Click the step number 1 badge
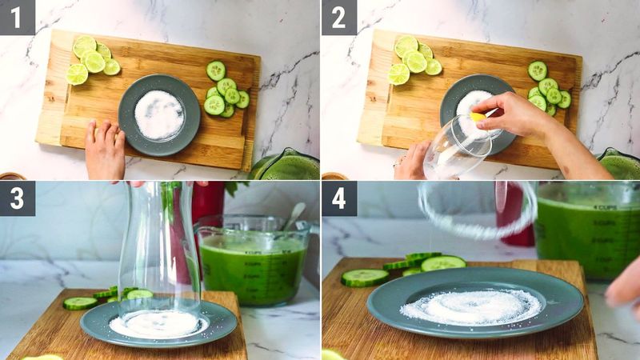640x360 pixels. [x=17, y=17]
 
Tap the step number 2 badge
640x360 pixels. [x=338, y=17]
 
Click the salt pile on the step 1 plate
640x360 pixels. [x=158, y=114]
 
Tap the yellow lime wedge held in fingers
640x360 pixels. [x=478, y=118]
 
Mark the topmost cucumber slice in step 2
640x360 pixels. [x=538, y=70]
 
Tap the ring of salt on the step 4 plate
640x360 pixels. [x=472, y=306]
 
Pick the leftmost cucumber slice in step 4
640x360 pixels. [x=364, y=277]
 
